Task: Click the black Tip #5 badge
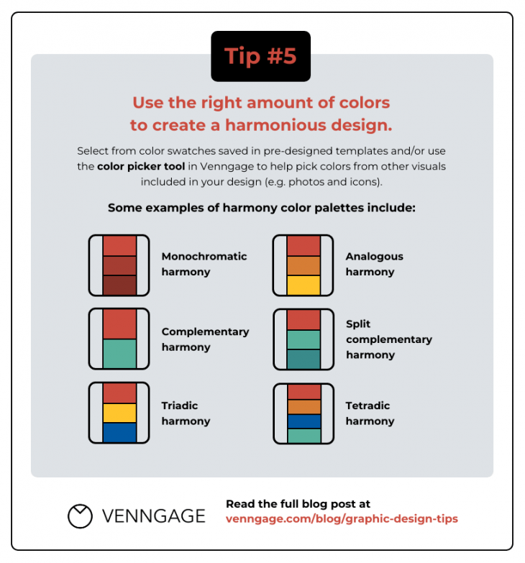tap(260, 56)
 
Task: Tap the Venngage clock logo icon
tap(80, 516)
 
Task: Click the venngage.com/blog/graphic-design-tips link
tap(342, 518)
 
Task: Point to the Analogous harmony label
tap(374, 264)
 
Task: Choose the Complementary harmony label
tap(205, 339)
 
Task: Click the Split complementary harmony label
tap(388, 339)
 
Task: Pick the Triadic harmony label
tap(186, 413)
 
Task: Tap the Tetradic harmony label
tap(370, 413)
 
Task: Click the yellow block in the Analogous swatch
tap(303, 285)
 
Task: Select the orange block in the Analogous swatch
tap(303, 265)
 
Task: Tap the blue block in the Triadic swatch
tap(119, 432)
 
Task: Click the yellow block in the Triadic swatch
tap(119, 413)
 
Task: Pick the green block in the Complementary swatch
tap(119, 354)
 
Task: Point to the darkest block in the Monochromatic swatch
tap(119, 285)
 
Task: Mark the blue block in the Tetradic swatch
tap(303, 421)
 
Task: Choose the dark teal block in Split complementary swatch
tap(303, 360)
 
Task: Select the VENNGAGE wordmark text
tap(153, 516)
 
